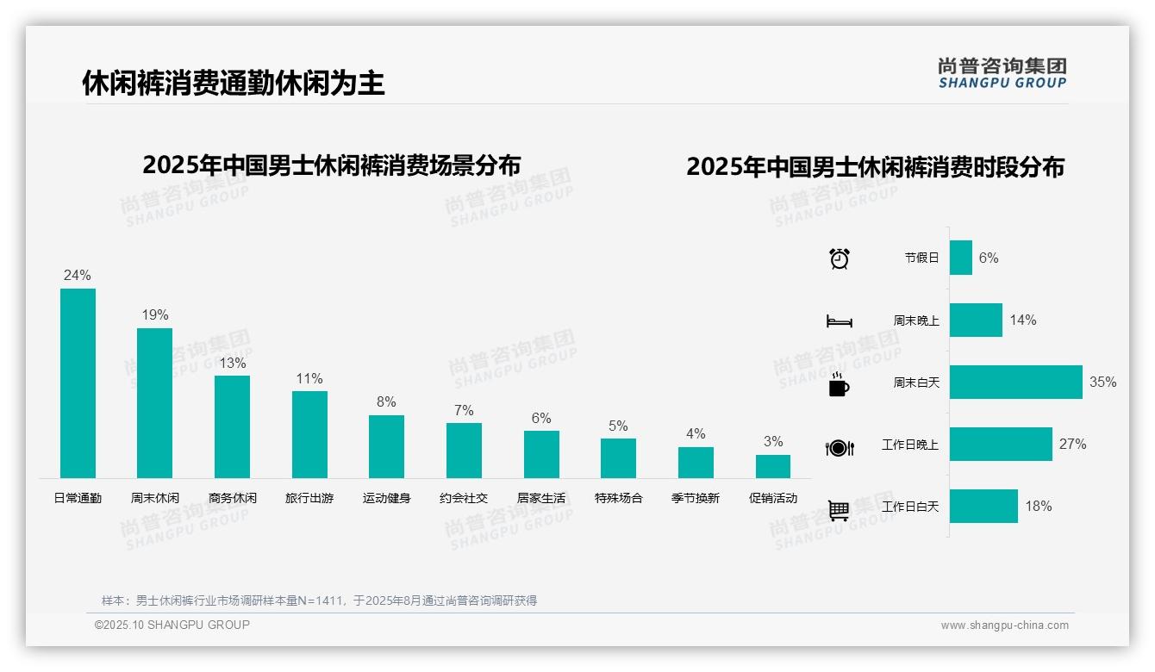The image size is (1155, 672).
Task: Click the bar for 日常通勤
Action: pyautogui.click(x=78, y=383)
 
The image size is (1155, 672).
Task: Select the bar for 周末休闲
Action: pyautogui.click(x=155, y=403)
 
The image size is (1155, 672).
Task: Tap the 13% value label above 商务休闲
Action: pyautogui.click(x=232, y=363)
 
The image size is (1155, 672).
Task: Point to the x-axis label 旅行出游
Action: pyautogui.click(x=309, y=498)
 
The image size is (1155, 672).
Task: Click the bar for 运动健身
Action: pyautogui.click(x=386, y=446)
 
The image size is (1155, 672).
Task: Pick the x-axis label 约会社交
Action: pyautogui.click(x=464, y=498)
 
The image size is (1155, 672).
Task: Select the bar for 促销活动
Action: pyautogui.click(x=773, y=466)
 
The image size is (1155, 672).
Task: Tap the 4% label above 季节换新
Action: pyautogui.click(x=696, y=433)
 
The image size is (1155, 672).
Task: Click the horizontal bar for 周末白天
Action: pyautogui.click(x=1015, y=382)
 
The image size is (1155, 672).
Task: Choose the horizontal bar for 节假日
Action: pyautogui.click(x=961, y=258)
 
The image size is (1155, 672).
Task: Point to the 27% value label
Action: pyautogui.click(x=1072, y=445)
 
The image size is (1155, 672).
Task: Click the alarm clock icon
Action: pyautogui.click(x=840, y=258)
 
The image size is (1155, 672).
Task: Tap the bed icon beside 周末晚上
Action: pyautogui.click(x=840, y=321)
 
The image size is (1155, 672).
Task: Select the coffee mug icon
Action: pyautogui.click(x=839, y=384)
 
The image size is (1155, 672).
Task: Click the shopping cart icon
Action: pyautogui.click(x=839, y=510)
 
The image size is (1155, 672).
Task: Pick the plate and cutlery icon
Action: pyautogui.click(x=840, y=447)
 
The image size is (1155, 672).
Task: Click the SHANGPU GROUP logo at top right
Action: pyautogui.click(x=1002, y=73)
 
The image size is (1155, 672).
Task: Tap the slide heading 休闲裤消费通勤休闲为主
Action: pyautogui.click(x=234, y=84)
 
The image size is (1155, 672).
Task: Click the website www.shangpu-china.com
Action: pyautogui.click(x=1004, y=625)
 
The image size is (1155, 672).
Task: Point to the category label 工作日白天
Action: pyautogui.click(x=910, y=507)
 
